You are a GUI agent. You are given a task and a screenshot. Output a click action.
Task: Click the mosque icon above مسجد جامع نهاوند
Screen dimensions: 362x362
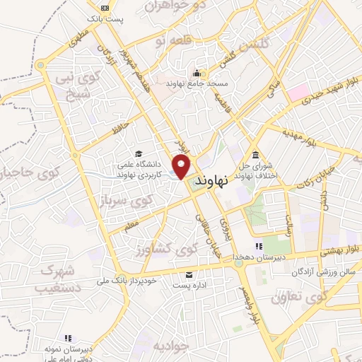(196, 72)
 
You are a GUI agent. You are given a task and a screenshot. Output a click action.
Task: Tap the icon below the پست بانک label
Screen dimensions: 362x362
(104, 7)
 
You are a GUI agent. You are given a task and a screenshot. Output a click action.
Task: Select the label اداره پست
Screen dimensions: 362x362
(188, 286)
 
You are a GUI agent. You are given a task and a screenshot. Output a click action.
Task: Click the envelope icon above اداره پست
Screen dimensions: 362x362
(188, 274)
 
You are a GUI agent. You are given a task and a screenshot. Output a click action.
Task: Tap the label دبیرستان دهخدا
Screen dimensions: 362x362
(260, 257)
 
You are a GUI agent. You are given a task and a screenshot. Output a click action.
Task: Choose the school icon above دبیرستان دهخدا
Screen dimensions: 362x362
(259, 246)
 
